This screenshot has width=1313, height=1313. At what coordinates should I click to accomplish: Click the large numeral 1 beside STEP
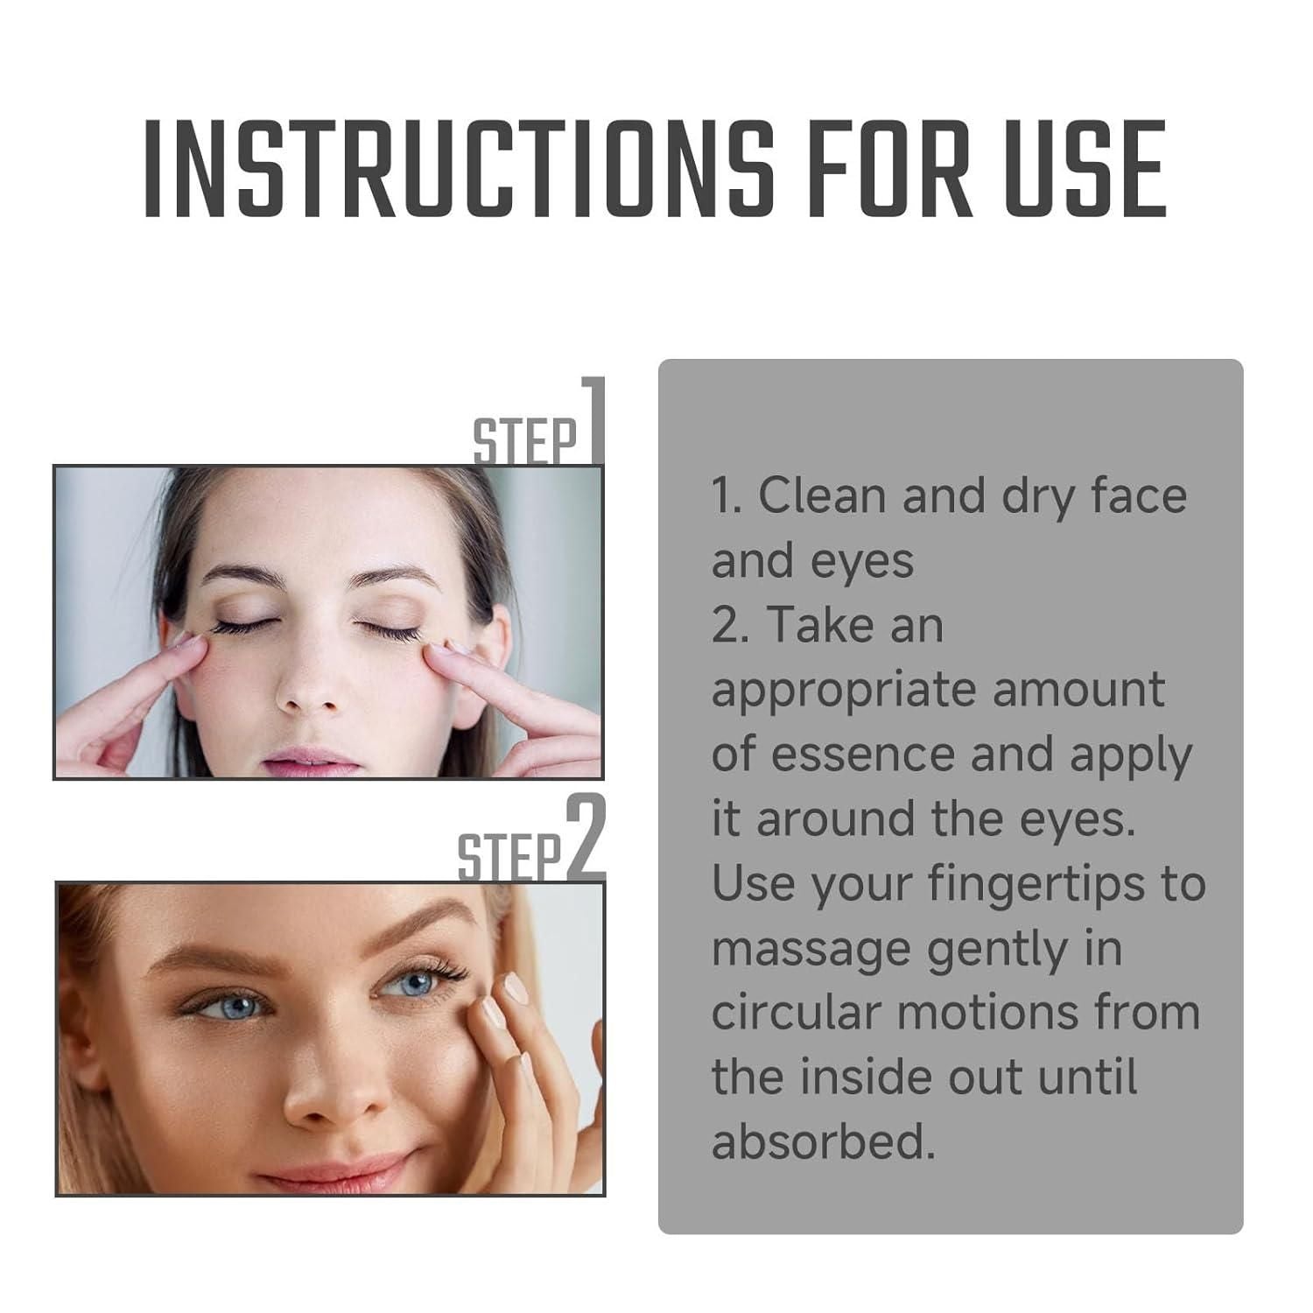coord(593,420)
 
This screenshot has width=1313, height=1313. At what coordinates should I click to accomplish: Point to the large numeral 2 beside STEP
coord(586,839)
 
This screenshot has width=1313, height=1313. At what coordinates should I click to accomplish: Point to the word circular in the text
coord(796,1013)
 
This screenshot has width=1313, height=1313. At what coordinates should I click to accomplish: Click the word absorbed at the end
coord(824,1142)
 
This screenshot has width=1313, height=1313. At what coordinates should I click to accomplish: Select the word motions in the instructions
coord(988,1013)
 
